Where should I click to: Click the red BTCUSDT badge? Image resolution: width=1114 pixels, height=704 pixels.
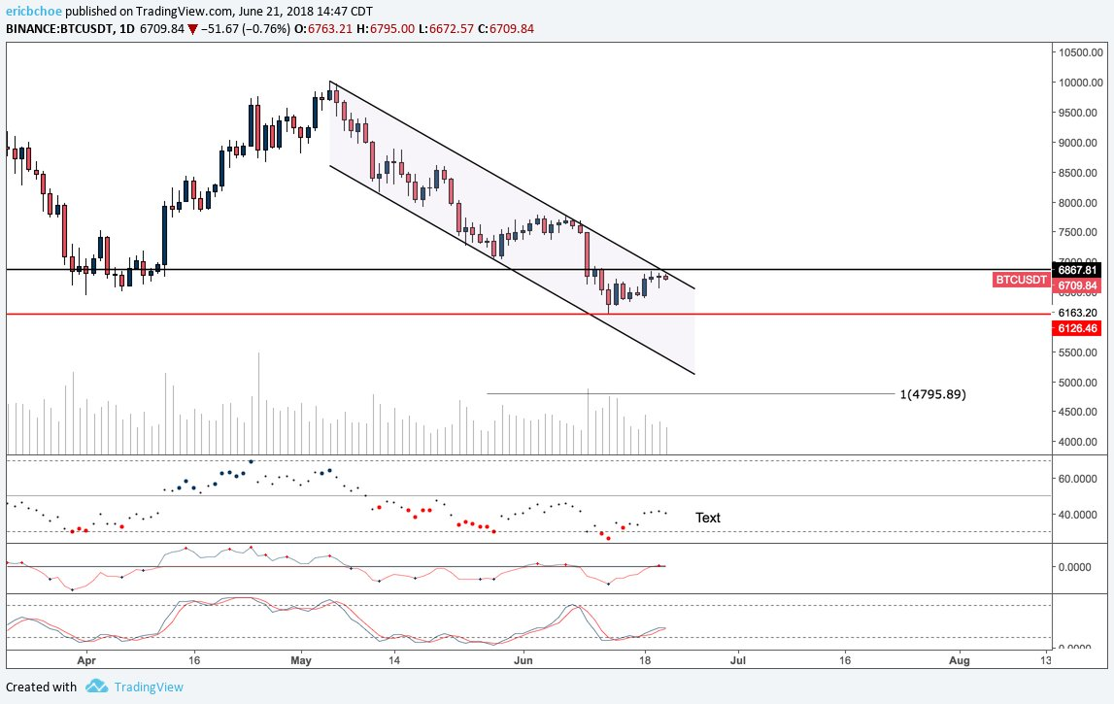point(1021,280)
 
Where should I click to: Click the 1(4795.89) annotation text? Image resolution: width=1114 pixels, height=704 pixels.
point(932,394)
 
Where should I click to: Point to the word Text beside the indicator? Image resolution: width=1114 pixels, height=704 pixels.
point(708,518)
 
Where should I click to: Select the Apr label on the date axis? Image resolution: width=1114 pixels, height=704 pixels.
point(87,658)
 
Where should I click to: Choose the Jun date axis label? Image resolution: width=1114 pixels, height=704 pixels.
point(523,658)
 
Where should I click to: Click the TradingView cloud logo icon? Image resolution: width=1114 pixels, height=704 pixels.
point(96,687)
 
